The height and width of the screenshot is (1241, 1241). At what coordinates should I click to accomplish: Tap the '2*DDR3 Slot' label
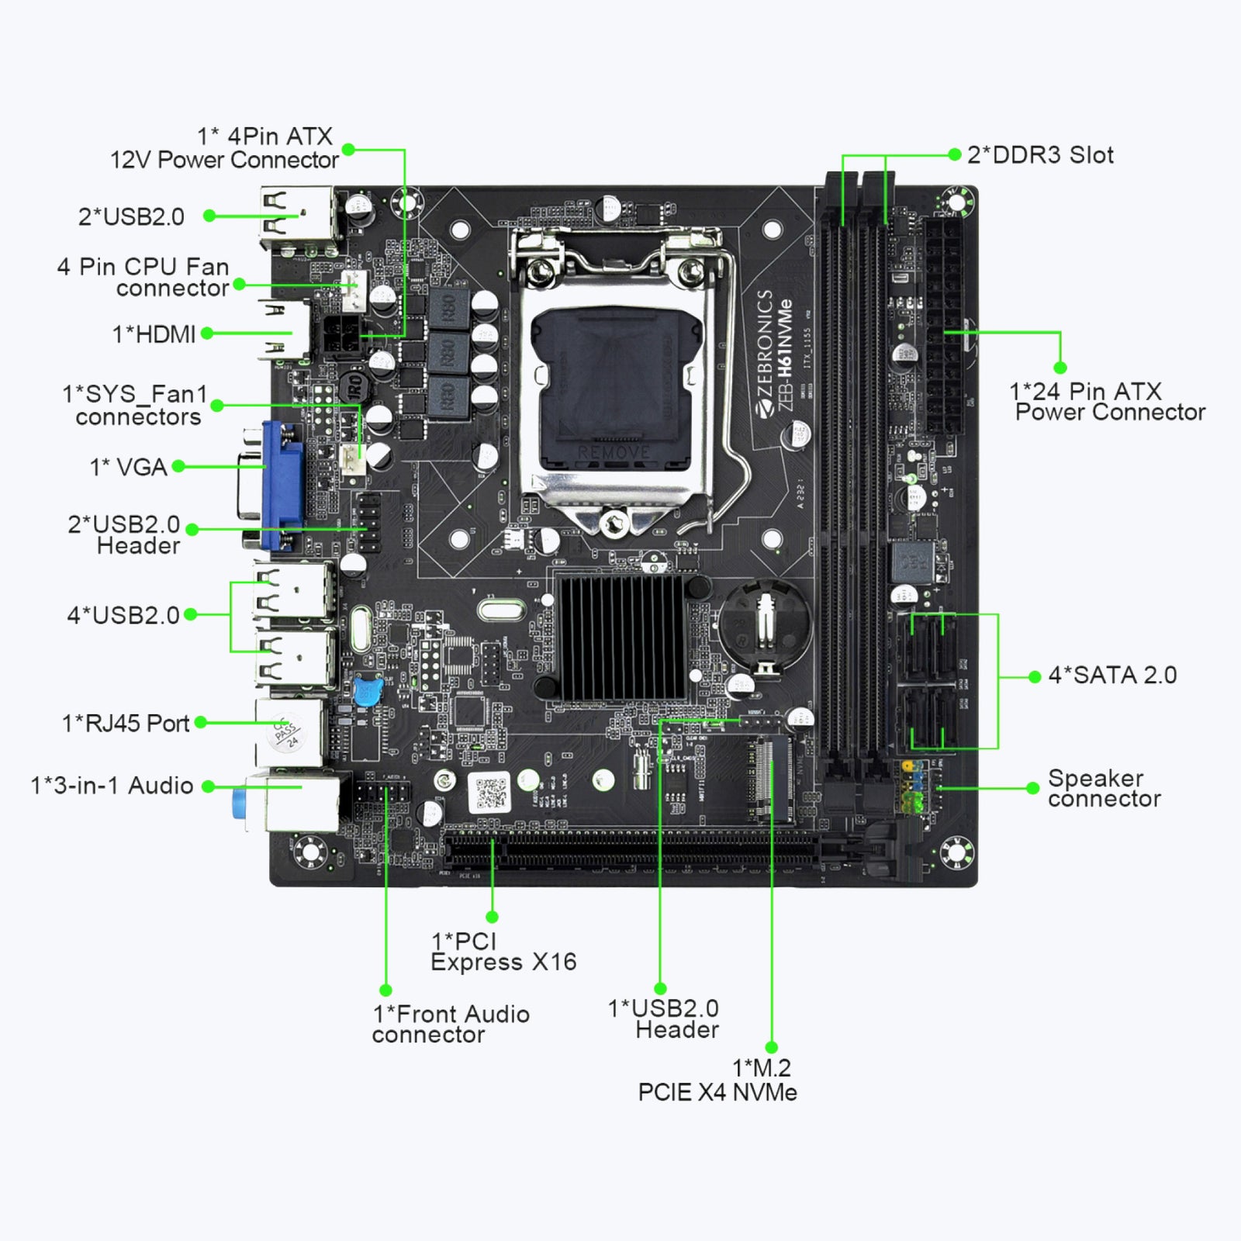(x=1039, y=155)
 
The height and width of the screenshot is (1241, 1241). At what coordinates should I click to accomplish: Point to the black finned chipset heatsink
(x=620, y=636)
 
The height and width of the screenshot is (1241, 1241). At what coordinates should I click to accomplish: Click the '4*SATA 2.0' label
(x=1112, y=676)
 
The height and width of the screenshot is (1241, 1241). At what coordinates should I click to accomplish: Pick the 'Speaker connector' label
(x=1104, y=789)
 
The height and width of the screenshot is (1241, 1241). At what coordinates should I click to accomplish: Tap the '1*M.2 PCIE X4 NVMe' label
(x=717, y=1080)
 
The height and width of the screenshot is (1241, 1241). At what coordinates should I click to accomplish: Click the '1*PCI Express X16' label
(x=503, y=952)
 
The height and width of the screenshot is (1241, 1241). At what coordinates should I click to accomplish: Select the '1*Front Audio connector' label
(x=451, y=1025)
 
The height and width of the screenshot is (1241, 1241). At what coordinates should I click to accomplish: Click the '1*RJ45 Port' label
(x=126, y=724)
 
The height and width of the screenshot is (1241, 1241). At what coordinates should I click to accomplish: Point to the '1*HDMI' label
(x=154, y=334)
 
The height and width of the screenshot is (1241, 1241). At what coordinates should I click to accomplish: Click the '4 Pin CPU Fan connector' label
(x=143, y=278)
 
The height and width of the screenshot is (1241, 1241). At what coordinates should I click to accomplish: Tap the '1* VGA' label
(x=129, y=467)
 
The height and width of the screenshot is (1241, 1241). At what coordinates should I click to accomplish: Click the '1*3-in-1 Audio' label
(x=112, y=786)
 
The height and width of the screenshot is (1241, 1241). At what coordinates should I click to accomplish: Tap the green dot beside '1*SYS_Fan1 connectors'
(x=217, y=405)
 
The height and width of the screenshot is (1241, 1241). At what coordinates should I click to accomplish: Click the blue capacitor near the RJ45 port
(x=367, y=690)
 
